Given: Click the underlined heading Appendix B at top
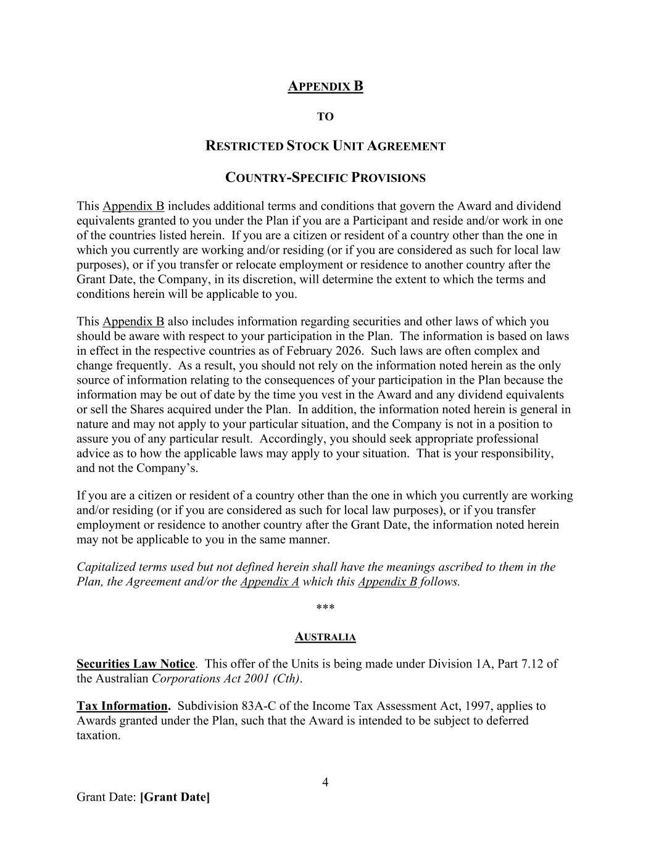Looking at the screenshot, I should point(325,86).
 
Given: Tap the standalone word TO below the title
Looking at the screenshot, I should point(325,117).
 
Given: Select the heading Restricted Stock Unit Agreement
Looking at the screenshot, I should point(325,146).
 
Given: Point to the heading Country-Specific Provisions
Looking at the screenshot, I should point(325,178).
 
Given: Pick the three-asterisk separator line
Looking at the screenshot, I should point(325,608).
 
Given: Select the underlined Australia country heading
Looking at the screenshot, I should point(325,637).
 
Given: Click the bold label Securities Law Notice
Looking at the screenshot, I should point(135,664).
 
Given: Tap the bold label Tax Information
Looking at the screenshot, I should point(123,706).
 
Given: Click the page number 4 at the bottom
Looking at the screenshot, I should point(325,783).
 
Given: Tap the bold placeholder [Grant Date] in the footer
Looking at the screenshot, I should point(175,797).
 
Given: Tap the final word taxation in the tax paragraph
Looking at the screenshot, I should point(97,735).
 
